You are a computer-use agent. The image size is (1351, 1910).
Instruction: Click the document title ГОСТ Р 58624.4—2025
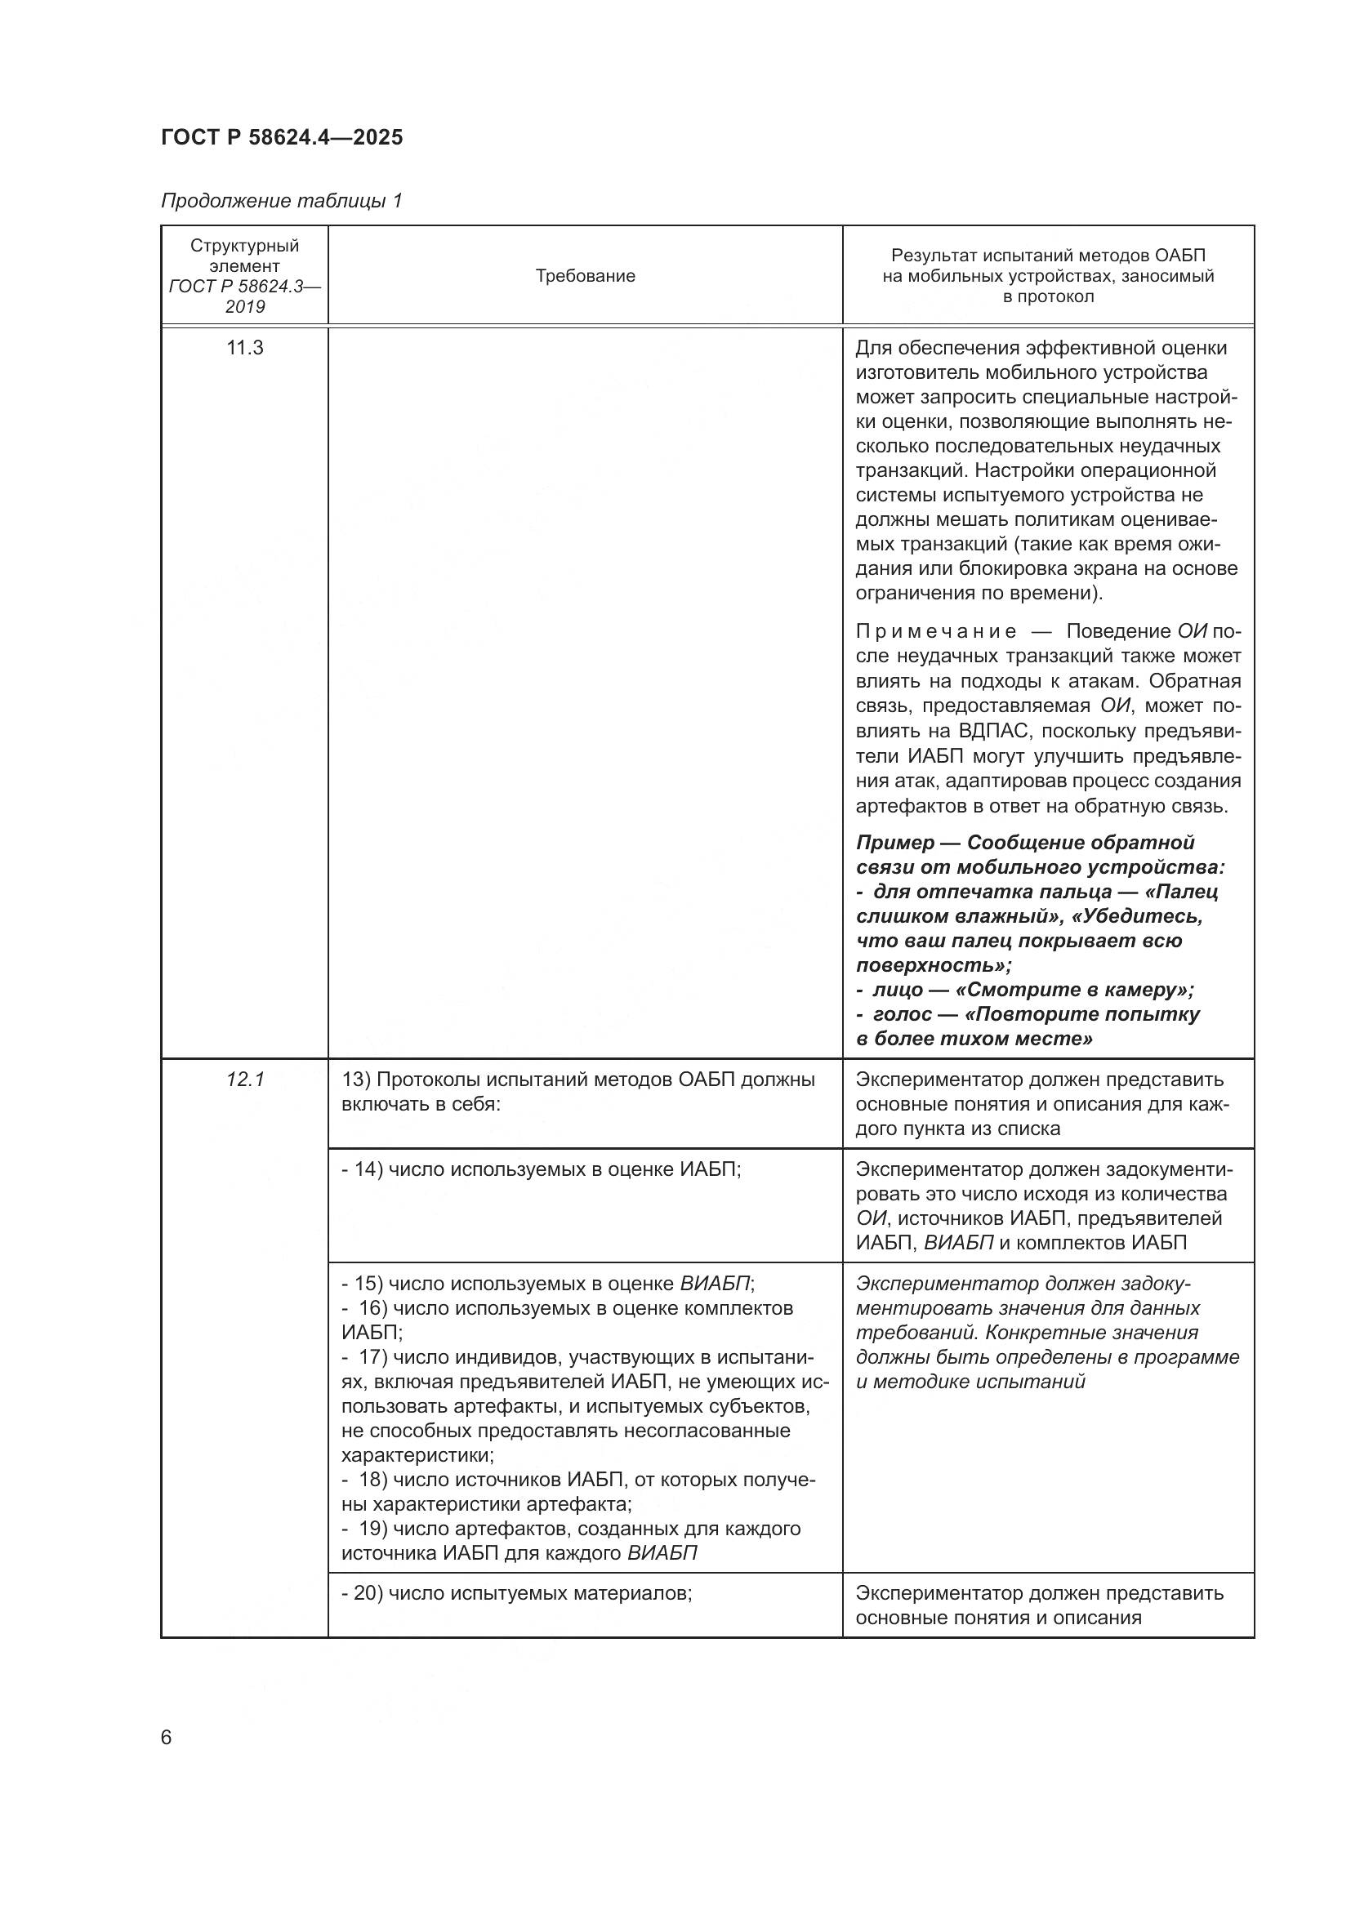pyautogui.click(x=282, y=137)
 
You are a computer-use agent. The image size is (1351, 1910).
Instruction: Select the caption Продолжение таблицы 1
pyautogui.click(x=281, y=201)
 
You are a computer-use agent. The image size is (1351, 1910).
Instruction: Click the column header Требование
pyautogui.click(x=585, y=276)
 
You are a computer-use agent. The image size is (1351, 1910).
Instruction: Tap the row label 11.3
pyautogui.click(x=244, y=348)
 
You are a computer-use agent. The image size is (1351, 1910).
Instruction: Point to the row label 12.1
pyautogui.click(x=244, y=1080)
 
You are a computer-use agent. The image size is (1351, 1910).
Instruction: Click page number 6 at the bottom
pyautogui.click(x=167, y=1738)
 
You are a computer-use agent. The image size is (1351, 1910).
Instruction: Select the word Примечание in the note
pyautogui.click(x=935, y=632)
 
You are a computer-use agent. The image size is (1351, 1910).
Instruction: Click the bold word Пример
pyautogui.click(x=895, y=843)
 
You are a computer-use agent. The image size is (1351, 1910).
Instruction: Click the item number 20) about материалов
pyautogui.click(x=368, y=1593)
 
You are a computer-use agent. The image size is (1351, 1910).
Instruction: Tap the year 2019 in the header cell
pyautogui.click(x=244, y=307)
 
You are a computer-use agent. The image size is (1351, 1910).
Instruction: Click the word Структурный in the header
pyautogui.click(x=244, y=247)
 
